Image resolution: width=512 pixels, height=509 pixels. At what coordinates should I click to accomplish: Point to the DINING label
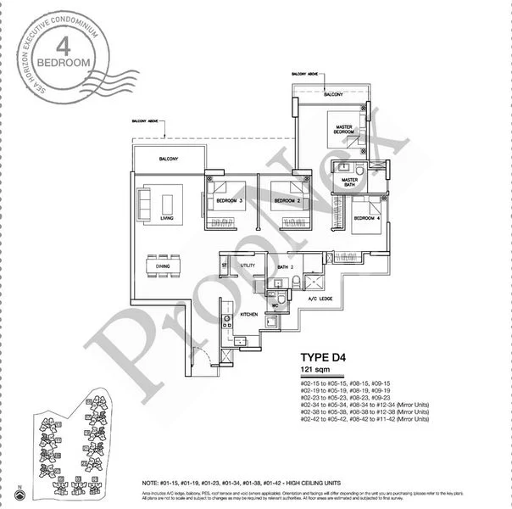click(x=163, y=266)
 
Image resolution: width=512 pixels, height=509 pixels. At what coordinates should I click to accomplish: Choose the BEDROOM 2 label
click(x=285, y=201)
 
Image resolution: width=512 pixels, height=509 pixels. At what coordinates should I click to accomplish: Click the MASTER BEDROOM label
click(x=342, y=129)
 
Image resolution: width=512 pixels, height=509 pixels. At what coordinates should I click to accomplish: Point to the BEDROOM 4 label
click(x=365, y=218)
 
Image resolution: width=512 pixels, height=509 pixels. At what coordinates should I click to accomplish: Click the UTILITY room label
click(x=248, y=266)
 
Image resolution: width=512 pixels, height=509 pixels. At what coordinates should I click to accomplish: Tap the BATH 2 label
click(x=284, y=267)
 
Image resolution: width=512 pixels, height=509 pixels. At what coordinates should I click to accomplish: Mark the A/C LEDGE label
click(x=323, y=299)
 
